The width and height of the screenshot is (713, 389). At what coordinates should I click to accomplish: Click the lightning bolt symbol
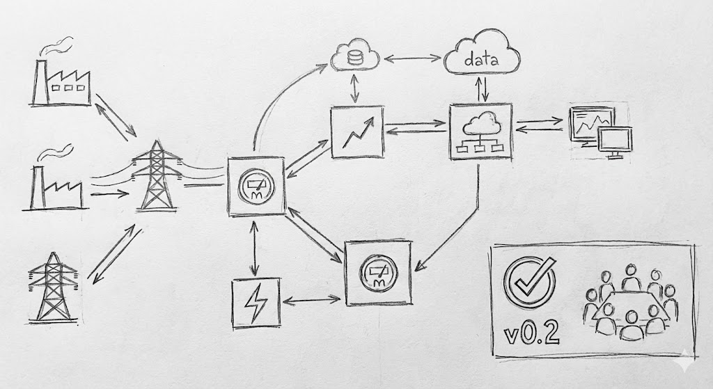(x=256, y=303)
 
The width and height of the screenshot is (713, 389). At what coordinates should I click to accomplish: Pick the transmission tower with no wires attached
(x=54, y=287)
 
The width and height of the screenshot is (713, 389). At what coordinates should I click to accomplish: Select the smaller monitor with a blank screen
(x=616, y=143)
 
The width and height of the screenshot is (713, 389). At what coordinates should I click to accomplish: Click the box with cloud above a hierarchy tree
(x=481, y=134)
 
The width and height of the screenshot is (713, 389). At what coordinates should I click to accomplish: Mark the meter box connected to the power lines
(x=256, y=186)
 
